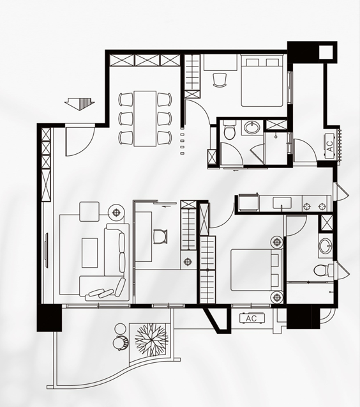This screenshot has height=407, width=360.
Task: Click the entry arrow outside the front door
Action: pyautogui.click(x=80, y=104)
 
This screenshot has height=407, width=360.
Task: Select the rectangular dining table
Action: pyautogui.click(x=146, y=119)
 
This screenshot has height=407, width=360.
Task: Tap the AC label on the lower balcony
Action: pyautogui.click(x=251, y=318)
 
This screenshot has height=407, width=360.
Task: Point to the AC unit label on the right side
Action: pyautogui.click(x=329, y=146)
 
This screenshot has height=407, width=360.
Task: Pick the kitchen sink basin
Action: pyautogui.click(x=281, y=203)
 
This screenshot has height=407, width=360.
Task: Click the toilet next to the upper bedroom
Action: pyautogui.click(x=229, y=130)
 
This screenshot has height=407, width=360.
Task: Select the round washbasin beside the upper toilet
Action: pyautogui.click(x=251, y=127)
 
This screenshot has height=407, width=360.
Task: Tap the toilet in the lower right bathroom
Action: pyautogui.click(x=323, y=271)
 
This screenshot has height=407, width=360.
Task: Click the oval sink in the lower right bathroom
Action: pyautogui.click(x=325, y=245)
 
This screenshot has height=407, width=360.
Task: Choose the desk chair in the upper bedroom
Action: pyautogui.click(x=220, y=79)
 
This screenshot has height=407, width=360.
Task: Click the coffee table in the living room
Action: pyautogui.click(x=90, y=253)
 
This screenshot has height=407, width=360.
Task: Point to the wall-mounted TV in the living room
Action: pyautogui.click(x=47, y=250)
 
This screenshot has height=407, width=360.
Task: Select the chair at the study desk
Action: pyautogui.click(x=160, y=236)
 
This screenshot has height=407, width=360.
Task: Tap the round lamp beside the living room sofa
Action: pyautogui.click(x=116, y=213)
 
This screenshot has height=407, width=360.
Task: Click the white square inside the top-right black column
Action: pyautogui.click(x=326, y=52)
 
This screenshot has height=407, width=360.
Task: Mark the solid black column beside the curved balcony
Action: pyautogui.click(x=49, y=318)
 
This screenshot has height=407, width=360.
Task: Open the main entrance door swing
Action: pyautogui.click(x=80, y=140)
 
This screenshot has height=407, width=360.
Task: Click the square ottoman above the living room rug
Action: pyautogui.click(x=89, y=211)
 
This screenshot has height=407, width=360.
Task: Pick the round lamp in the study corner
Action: pyautogui.click(x=188, y=261)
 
